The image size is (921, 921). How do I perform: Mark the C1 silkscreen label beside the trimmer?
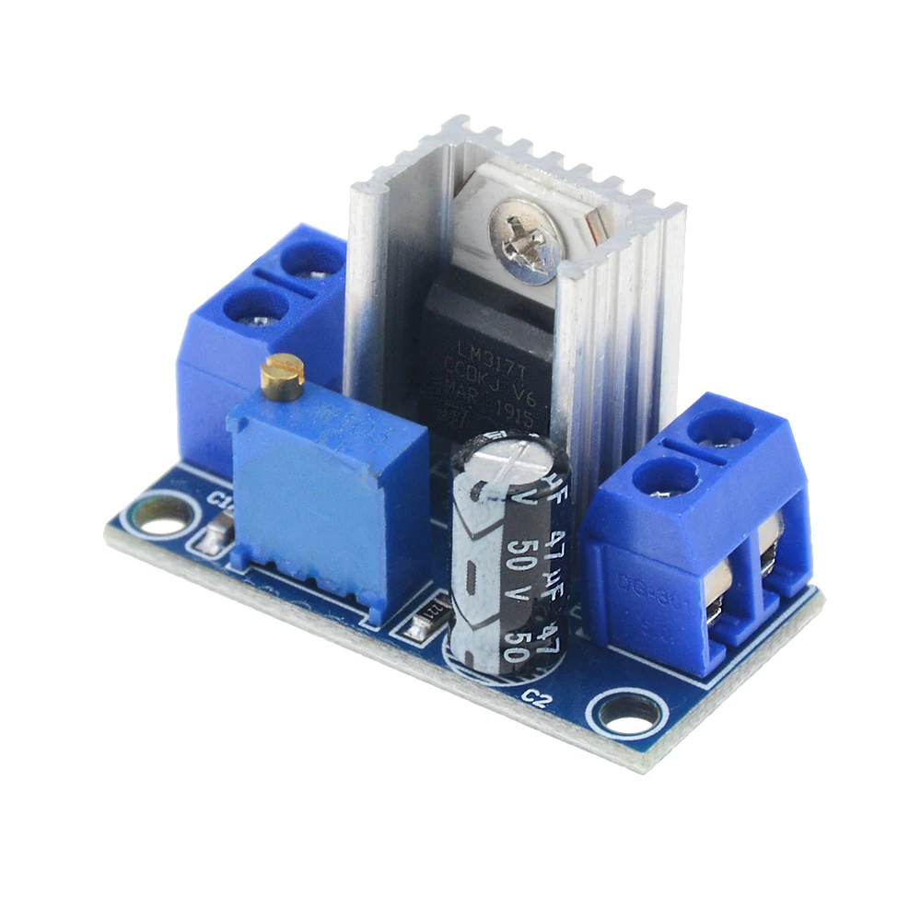tap(219, 502)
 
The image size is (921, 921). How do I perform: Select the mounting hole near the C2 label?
tap(629, 713)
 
